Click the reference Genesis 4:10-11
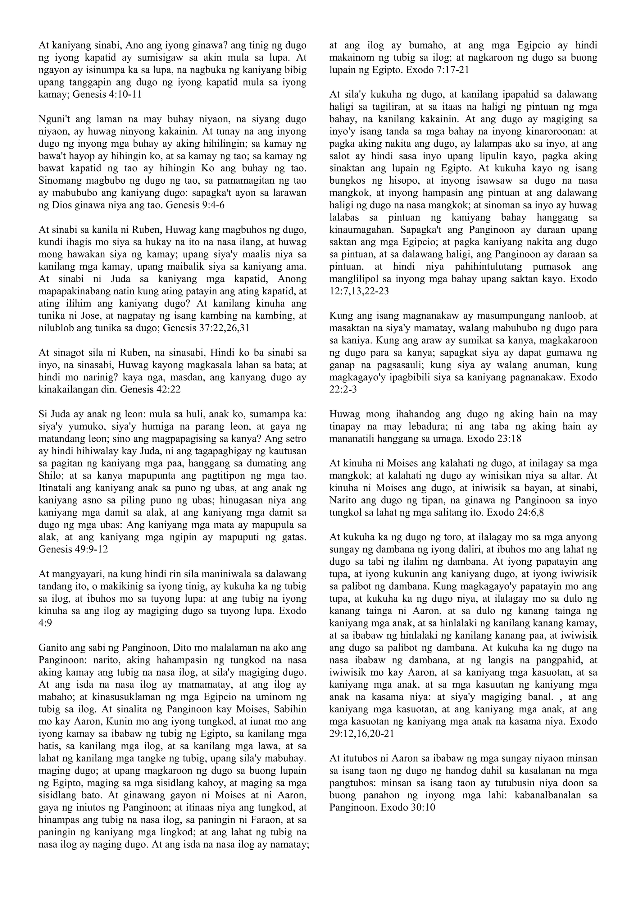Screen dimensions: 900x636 coord(107,94)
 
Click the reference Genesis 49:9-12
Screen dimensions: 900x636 coord(73,549)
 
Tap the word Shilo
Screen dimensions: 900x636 coord(50,475)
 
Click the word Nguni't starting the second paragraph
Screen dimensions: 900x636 coord(55,119)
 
